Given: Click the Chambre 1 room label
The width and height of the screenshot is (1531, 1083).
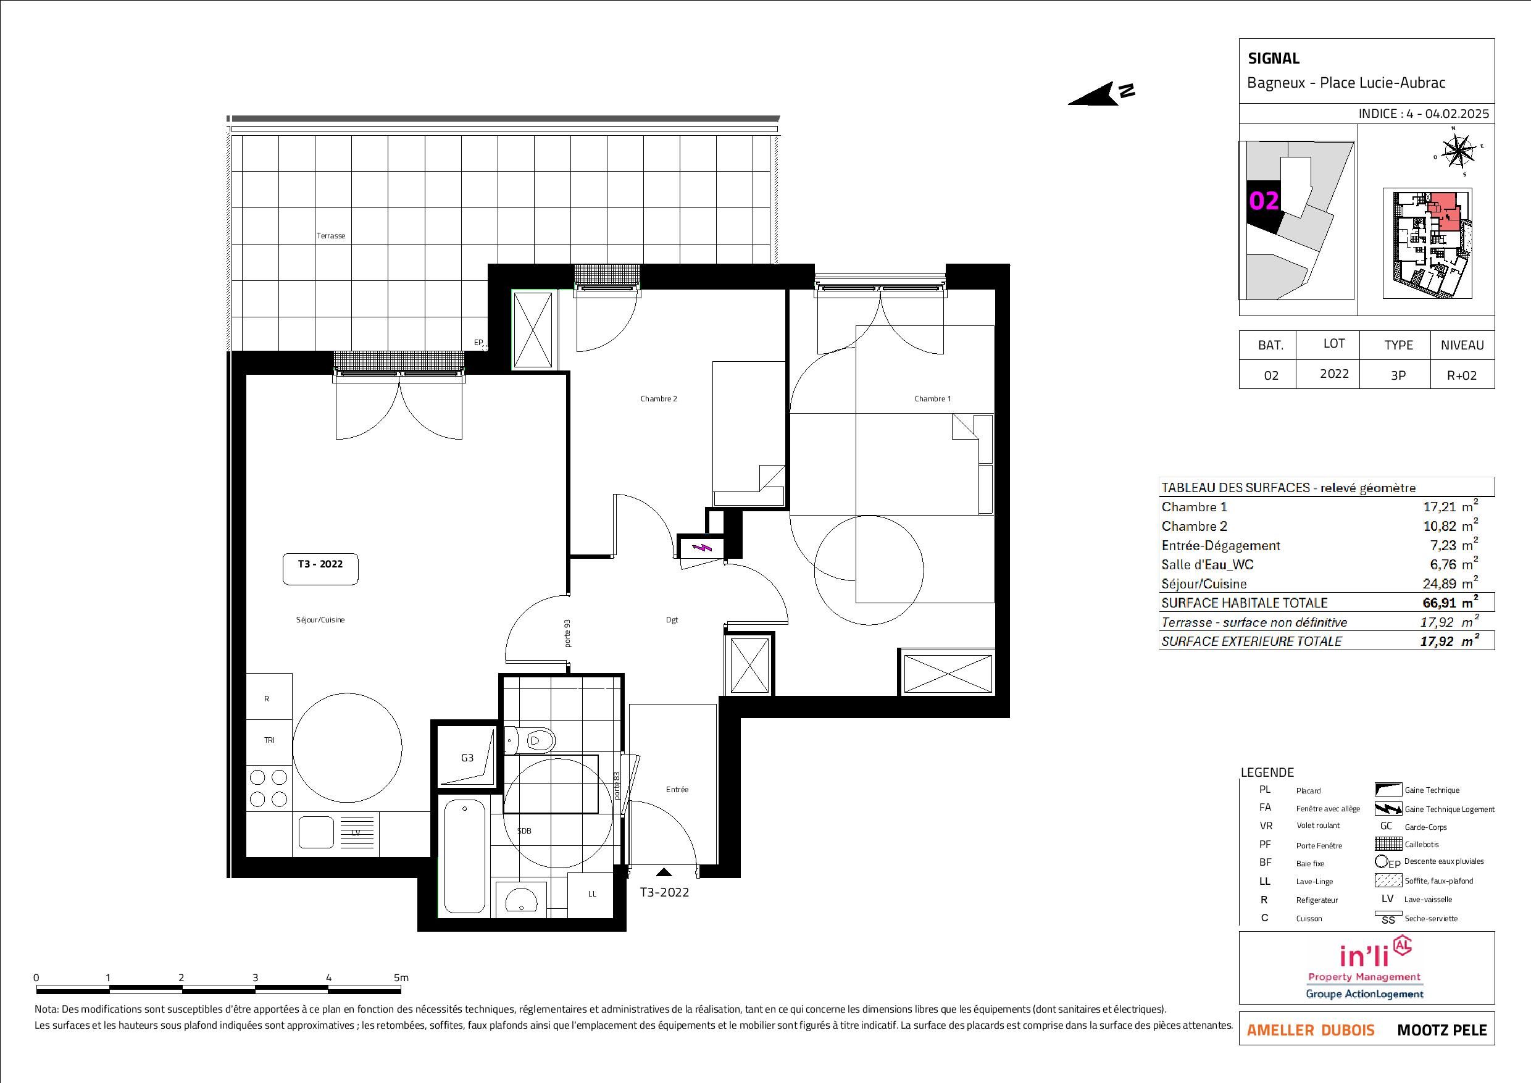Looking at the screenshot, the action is click(x=932, y=399).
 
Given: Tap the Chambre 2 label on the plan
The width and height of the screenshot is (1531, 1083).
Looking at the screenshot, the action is click(x=659, y=399).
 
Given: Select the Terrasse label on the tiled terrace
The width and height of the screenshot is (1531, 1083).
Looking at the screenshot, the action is click(x=331, y=235).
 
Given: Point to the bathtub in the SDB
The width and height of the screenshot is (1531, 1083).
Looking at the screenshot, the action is click(x=465, y=857).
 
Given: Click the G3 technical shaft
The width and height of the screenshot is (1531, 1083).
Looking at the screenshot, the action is click(x=467, y=757).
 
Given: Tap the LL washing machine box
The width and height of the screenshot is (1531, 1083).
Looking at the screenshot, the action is click(x=591, y=894).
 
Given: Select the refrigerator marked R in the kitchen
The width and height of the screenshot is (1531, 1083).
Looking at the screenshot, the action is click(x=269, y=698).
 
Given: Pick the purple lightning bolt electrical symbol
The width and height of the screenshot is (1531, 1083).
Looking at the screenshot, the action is click(x=701, y=548).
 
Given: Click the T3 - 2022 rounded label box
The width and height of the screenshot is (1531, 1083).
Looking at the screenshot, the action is click(x=321, y=569).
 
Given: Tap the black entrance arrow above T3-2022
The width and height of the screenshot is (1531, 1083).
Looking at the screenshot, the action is click(x=664, y=872).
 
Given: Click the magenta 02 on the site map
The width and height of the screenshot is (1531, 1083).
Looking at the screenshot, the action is click(x=1264, y=200).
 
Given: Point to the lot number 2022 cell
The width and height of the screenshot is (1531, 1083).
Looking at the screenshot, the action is click(x=1334, y=374).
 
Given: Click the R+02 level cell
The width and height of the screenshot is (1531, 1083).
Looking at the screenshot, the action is click(x=1462, y=375).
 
